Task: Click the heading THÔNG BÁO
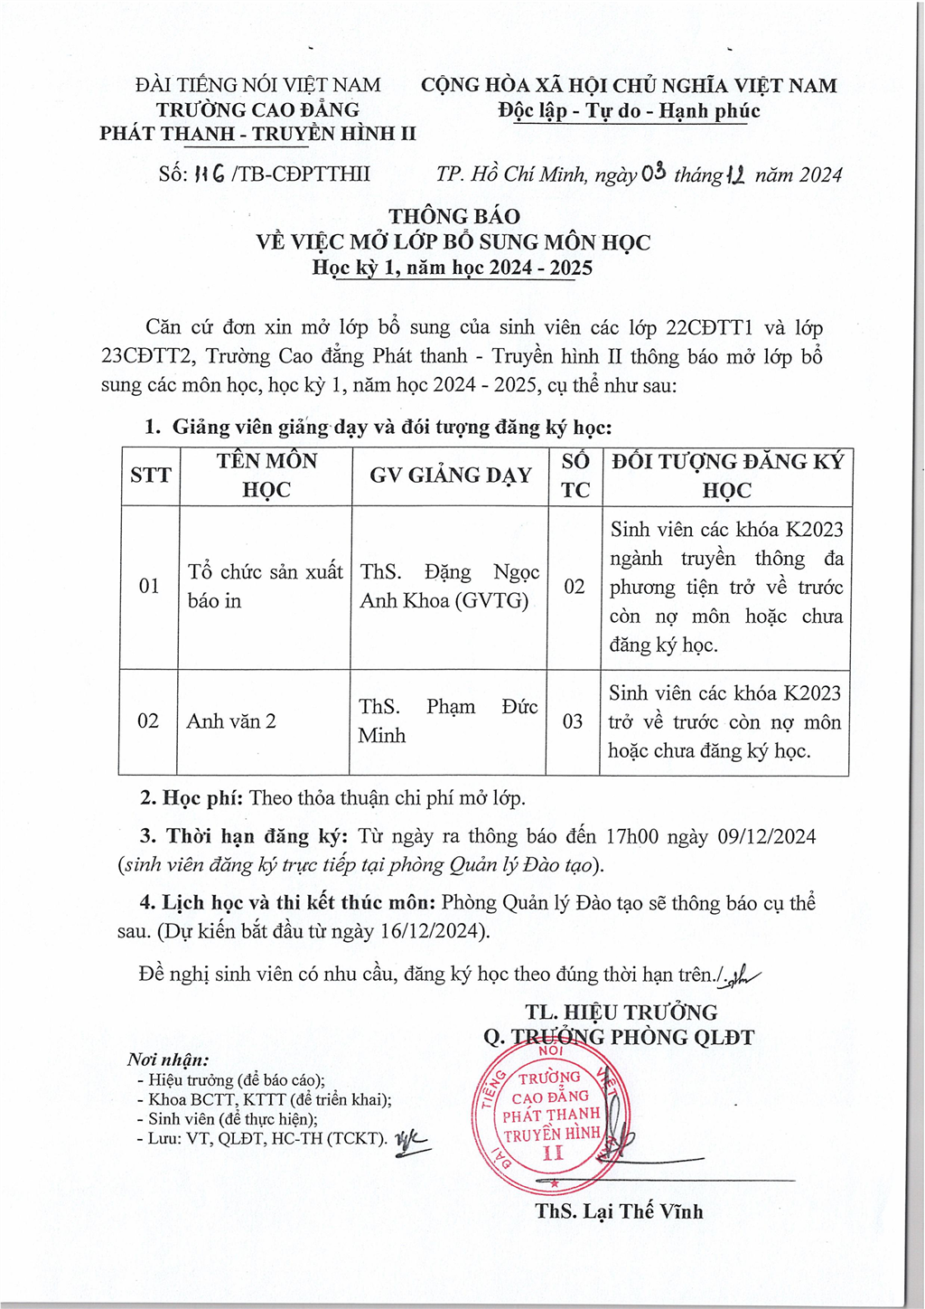pos(454,216)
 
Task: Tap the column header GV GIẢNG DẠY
pos(450,476)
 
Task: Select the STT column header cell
pos(150,476)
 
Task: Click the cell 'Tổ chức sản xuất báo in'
pos(265,586)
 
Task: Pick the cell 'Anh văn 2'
pos(231,721)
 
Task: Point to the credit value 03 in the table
pos(573,721)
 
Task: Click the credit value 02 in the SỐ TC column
pos(575,586)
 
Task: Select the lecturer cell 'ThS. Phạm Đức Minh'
pos(448,720)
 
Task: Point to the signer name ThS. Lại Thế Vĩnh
pos(619,1211)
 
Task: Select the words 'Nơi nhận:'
pos(168,1059)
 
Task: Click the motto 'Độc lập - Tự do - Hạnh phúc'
pos(629,111)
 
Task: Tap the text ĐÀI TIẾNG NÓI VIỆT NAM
pos(257,85)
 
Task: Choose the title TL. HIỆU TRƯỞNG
pos(621,1012)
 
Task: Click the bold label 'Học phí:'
pos(203,798)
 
